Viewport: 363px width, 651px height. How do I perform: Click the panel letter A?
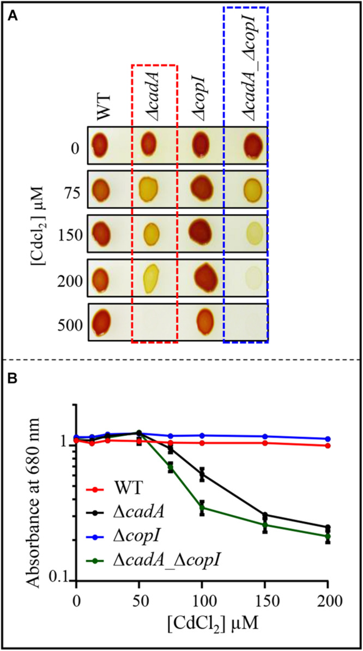point(11,16)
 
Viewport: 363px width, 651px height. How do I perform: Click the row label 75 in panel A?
point(74,190)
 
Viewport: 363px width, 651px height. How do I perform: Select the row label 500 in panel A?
point(70,325)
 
